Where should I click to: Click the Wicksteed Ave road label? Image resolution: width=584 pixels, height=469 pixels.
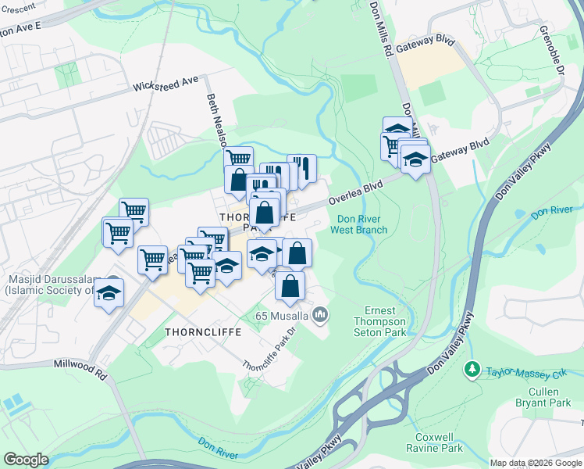pos(166,85)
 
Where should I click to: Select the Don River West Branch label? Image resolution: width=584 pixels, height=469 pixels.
pos(358,224)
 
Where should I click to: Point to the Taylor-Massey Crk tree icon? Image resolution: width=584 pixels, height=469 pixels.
pos(472,367)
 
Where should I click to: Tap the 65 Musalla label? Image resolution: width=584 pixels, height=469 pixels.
pos(282,316)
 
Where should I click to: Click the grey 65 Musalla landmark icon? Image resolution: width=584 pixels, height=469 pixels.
pos(319,315)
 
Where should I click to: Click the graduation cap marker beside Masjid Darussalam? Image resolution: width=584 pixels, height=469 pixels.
pos(109,293)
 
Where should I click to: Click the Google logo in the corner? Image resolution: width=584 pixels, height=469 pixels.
pos(27,460)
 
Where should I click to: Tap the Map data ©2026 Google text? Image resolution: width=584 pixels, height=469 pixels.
pos(536,463)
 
